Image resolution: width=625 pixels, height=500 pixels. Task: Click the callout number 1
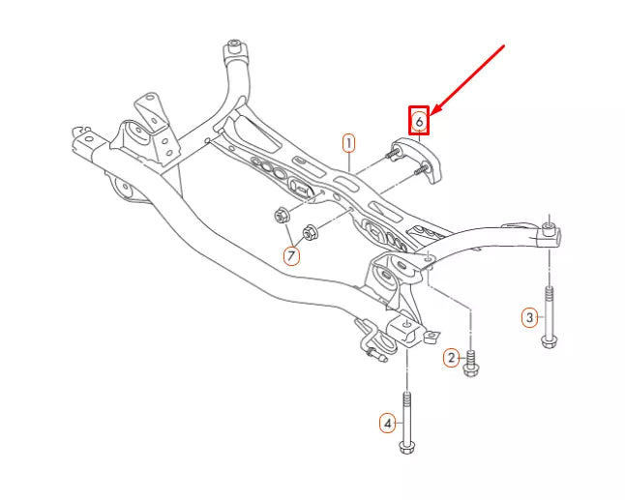click(x=348, y=143)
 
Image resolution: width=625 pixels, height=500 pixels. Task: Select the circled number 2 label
click(x=451, y=358)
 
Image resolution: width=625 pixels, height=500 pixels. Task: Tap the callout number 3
click(x=529, y=316)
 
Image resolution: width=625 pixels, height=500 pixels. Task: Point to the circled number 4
click(x=387, y=423)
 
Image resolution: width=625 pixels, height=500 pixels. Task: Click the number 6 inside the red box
click(x=418, y=121)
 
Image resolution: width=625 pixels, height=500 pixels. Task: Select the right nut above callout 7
click(x=312, y=232)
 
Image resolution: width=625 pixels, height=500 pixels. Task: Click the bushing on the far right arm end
click(x=549, y=231)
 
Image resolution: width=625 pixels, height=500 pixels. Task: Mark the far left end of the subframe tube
click(x=77, y=135)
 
